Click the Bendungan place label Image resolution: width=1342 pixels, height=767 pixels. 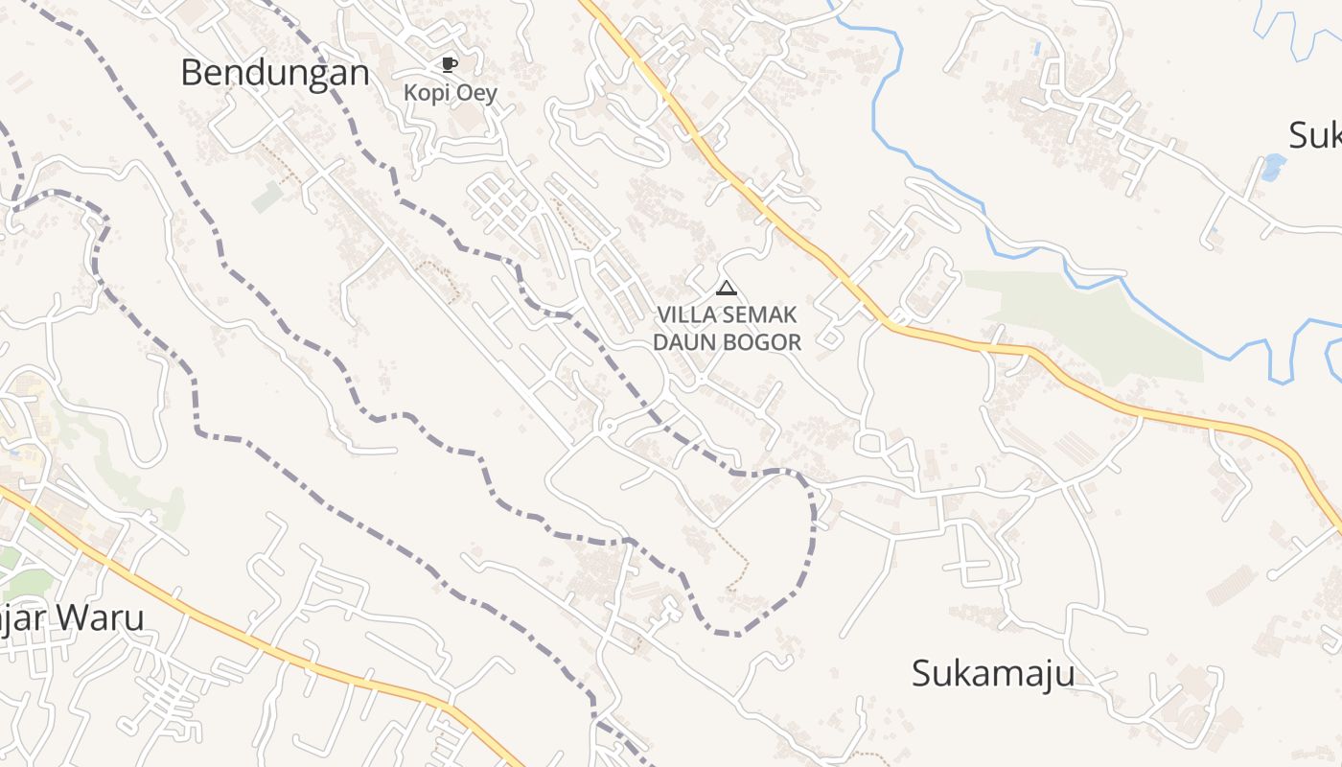coord(274,73)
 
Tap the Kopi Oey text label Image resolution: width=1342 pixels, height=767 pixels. coord(450,93)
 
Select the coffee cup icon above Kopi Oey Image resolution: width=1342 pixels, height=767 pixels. coord(449,64)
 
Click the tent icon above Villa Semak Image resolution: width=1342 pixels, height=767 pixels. coord(727,288)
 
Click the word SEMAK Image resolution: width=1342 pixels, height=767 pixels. coord(764,314)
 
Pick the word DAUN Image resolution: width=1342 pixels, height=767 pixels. coord(684,342)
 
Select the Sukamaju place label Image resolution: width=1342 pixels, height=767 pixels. coord(992,673)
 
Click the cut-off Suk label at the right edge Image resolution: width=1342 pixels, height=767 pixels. coord(1315,135)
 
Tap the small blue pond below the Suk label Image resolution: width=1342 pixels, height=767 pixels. coord(1273,167)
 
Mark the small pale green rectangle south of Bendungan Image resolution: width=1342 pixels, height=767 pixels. coord(267,198)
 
